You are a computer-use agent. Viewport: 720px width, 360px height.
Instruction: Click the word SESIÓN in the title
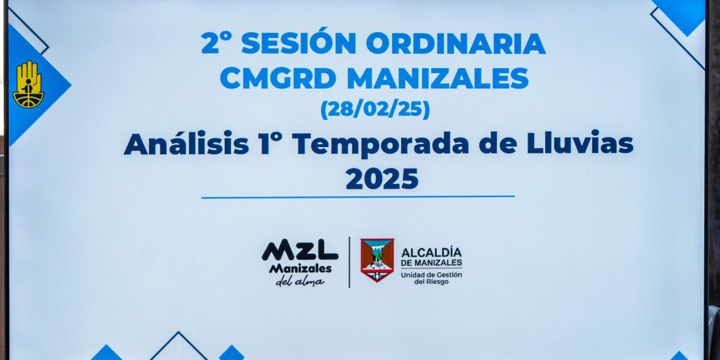point(299,43)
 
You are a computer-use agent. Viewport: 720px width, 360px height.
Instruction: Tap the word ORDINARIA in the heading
point(455,44)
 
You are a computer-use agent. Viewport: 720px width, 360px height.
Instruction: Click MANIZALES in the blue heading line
point(438,78)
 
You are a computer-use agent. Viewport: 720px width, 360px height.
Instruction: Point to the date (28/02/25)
point(375,109)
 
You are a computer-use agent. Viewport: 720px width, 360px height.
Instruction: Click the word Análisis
point(186,144)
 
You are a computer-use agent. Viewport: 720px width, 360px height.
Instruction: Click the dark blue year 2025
point(382,179)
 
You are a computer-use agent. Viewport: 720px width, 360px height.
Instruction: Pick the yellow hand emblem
point(28,84)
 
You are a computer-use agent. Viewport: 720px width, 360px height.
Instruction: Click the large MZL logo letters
point(300,250)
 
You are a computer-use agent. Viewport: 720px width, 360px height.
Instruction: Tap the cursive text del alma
point(300,281)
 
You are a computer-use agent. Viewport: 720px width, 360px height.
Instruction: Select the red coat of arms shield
point(377,260)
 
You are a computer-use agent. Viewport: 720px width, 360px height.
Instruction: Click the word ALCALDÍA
point(431,252)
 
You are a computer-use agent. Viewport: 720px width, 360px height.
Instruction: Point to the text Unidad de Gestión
point(431,275)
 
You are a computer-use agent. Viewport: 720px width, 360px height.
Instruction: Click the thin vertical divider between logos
point(350,262)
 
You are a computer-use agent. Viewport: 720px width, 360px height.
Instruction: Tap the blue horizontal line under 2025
point(357,198)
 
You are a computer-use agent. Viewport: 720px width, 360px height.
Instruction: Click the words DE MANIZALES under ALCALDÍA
point(431,263)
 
